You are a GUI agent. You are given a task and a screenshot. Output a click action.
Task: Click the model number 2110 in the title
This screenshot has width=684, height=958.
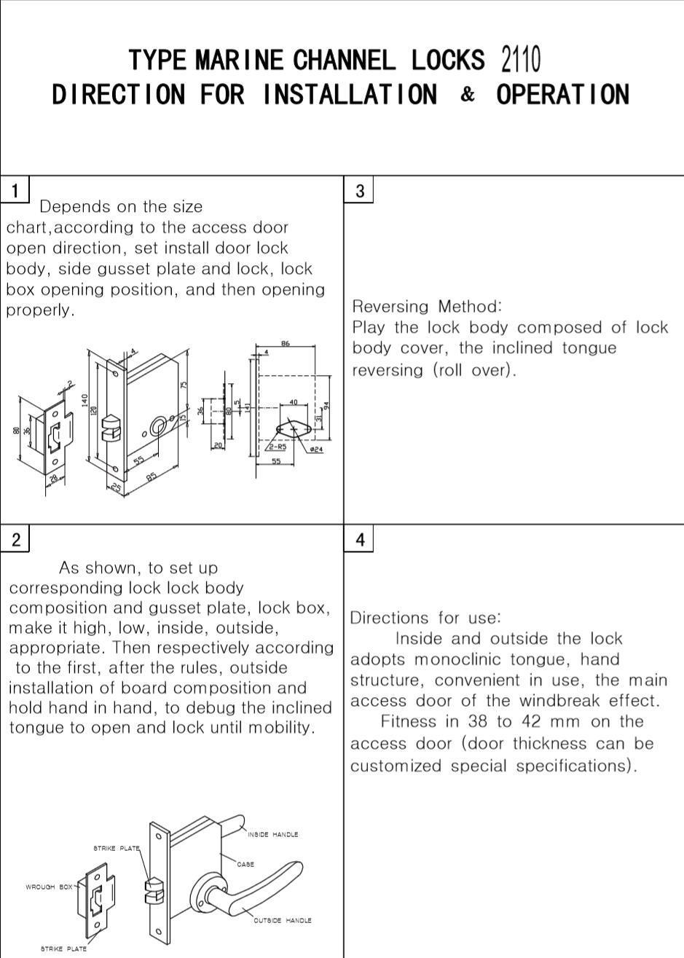tap(521, 60)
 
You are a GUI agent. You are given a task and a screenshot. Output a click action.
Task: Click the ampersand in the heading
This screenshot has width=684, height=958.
tap(468, 95)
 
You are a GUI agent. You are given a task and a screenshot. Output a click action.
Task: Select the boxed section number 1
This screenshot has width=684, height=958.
tap(15, 191)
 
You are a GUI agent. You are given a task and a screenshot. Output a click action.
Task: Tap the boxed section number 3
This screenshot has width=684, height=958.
tap(359, 191)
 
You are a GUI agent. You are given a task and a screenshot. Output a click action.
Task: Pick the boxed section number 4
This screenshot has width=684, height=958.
tap(360, 540)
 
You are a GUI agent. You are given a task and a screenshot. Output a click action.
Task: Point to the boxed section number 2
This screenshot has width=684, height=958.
tap(15, 540)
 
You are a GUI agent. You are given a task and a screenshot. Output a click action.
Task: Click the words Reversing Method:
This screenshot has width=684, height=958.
tap(427, 306)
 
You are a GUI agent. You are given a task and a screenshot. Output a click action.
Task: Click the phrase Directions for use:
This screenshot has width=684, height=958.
tap(425, 618)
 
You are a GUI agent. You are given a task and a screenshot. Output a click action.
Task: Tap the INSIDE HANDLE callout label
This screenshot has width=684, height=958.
tap(272, 834)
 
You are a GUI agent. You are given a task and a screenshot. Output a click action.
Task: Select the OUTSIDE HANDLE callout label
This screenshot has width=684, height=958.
tap(282, 920)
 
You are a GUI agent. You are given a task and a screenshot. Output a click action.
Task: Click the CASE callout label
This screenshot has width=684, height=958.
tap(245, 864)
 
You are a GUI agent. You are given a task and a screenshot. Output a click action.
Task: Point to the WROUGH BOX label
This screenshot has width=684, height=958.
tap(49, 887)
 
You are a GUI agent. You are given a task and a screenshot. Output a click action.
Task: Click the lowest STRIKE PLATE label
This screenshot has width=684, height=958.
tap(63, 949)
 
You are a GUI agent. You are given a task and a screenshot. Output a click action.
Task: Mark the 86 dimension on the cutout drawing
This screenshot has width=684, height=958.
tap(286, 342)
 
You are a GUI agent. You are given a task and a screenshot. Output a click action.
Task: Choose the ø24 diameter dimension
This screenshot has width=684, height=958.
tap(316, 449)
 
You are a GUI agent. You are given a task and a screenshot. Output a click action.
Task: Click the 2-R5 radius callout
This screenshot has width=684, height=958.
tap(277, 447)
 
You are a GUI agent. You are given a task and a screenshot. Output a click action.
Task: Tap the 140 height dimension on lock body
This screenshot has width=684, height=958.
tap(85, 400)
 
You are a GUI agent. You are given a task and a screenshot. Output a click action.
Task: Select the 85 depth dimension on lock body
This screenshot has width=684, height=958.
tap(151, 477)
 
